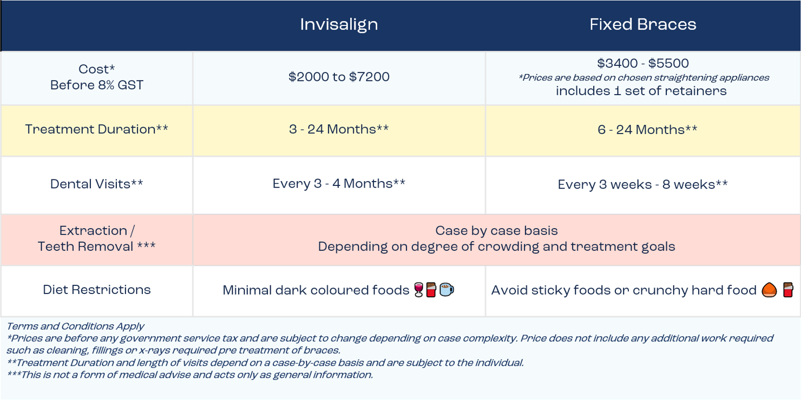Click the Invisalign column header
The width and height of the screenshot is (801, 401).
pyautogui.click(x=339, y=25)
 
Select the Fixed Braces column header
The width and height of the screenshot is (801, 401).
pyautogui.click(x=642, y=25)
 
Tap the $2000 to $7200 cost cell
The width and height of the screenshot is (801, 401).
pyautogui.click(x=339, y=77)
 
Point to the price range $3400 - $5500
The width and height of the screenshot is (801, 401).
pyautogui.click(x=642, y=64)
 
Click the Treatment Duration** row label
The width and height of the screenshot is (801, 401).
pyautogui.click(x=96, y=130)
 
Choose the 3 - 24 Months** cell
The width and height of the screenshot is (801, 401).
pyautogui.click(x=339, y=130)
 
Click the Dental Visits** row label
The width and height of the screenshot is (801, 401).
pyautogui.click(x=96, y=184)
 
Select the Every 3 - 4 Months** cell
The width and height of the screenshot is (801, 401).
pyautogui.click(x=339, y=184)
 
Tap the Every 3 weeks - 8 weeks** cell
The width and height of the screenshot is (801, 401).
pyautogui.click(x=642, y=185)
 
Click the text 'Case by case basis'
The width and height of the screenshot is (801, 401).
pyautogui.click(x=496, y=231)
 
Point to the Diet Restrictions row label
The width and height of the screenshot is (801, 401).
pyautogui.click(x=96, y=290)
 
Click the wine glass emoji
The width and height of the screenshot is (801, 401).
pyautogui.click(x=418, y=290)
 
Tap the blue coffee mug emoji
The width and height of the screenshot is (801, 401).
pyautogui.click(x=447, y=290)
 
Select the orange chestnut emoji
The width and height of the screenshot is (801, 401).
pyautogui.click(x=769, y=291)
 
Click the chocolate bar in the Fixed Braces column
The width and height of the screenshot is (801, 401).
pyautogui.click(x=788, y=291)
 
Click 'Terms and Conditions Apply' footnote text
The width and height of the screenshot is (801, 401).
pyautogui.click(x=75, y=326)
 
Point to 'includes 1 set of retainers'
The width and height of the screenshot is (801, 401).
pyautogui.click(x=641, y=91)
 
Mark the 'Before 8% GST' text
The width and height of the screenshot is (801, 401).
pyautogui.click(x=96, y=85)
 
